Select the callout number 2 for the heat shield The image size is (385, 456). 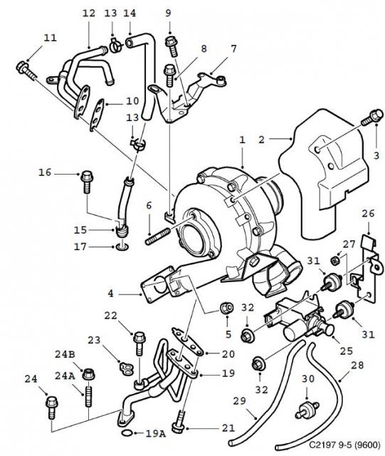tap(261, 140)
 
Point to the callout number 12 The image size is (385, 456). tap(88, 13)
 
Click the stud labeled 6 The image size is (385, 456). tap(158, 235)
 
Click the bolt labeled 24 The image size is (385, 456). tap(51, 406)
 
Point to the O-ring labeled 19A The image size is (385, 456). tap(126, 432)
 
